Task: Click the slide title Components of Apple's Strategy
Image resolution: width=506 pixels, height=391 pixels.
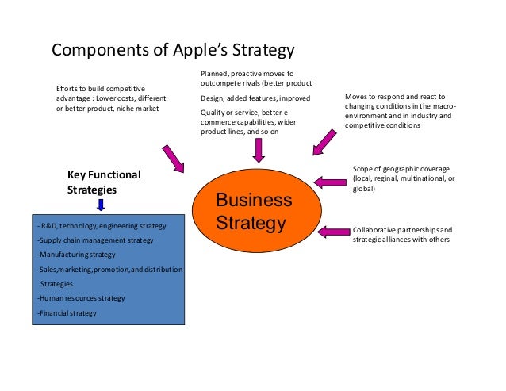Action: (x=173, y=51)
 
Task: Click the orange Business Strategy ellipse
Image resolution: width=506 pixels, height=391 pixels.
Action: (x=255, y=209)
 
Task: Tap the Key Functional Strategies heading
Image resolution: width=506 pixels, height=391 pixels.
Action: (x=103, y=182)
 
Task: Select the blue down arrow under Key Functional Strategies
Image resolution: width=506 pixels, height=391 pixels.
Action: (x=101, y=205)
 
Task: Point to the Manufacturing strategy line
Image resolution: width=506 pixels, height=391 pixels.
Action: (x=76, y=255)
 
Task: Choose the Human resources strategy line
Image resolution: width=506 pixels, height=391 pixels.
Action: (x=81, y=298)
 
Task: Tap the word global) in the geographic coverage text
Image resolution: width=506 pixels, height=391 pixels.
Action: (x=365, y=189)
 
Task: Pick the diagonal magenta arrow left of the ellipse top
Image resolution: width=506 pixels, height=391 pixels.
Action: (x=173, y=158)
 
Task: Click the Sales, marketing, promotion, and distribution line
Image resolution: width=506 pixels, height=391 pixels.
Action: (x=109, y=270)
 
